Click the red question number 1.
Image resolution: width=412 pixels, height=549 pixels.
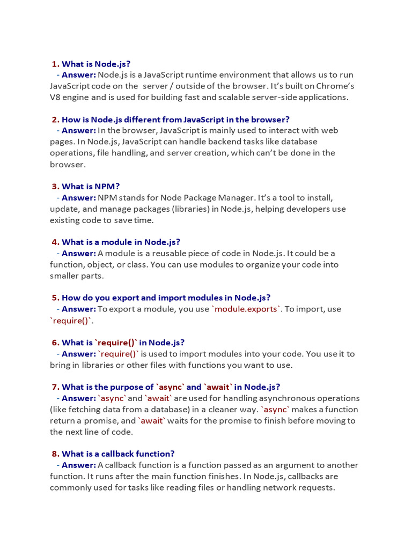tap(55, 64)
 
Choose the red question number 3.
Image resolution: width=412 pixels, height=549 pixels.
tap(55, 187)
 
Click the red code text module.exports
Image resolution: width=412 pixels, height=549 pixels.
tap(247, 309)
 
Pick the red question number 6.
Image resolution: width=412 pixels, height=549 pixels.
tap(55, 343)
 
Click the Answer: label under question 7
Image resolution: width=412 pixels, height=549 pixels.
tap(78, 398)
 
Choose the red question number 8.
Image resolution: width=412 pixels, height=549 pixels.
tap(55, 454)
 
